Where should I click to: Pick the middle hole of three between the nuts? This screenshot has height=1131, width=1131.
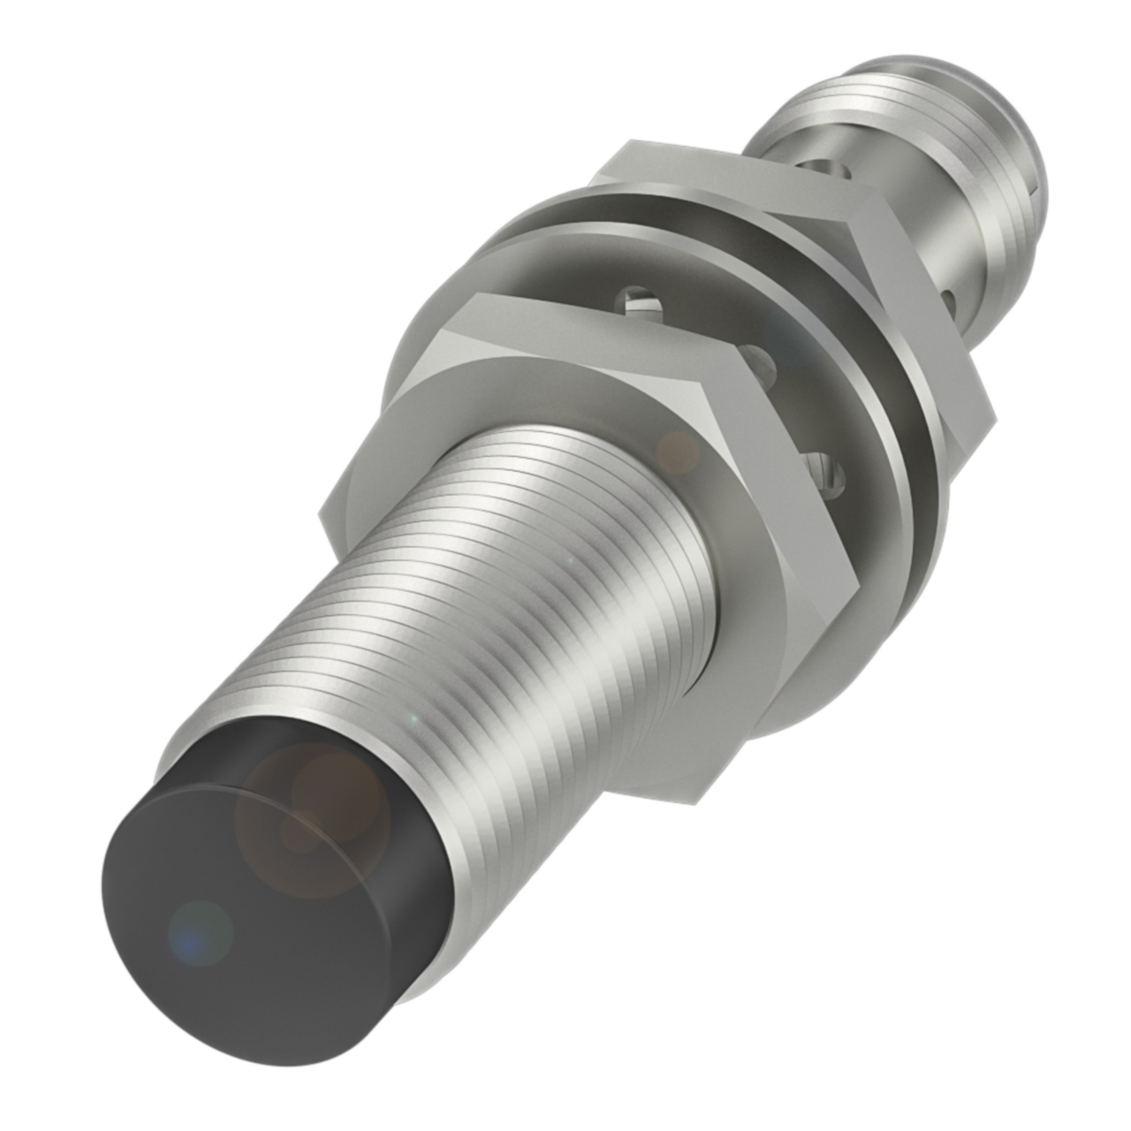[762, 362]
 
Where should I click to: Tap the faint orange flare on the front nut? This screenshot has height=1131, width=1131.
[679, 451]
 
